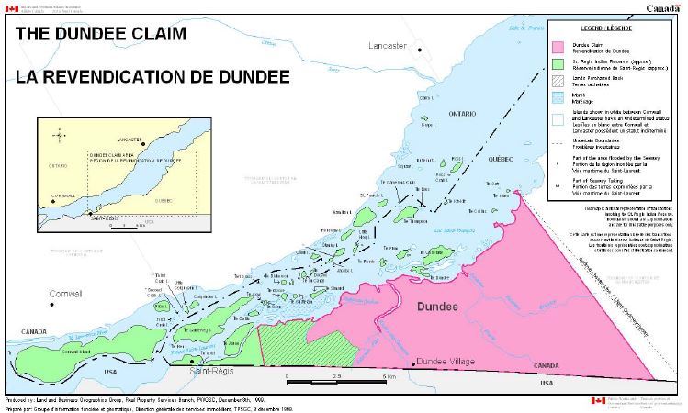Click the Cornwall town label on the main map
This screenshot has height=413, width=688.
[x=63, y=294]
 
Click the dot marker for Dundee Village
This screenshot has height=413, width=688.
[x=413, y=363]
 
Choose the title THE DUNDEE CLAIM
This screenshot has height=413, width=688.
[x=96, y=34]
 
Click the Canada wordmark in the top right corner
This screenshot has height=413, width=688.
[x=663, y=7]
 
